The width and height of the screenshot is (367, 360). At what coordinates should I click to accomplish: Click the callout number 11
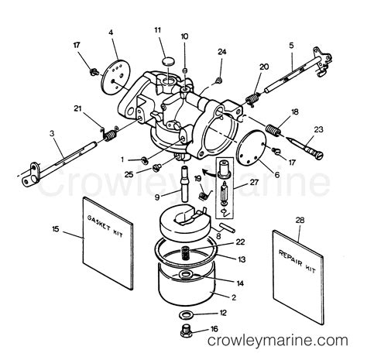[x=157, y=30]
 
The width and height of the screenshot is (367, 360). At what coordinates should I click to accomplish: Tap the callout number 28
[x=300, y=220]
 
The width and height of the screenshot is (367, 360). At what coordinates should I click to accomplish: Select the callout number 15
[x=56, y=229]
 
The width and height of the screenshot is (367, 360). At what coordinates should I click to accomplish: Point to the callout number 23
[x=318, y=129]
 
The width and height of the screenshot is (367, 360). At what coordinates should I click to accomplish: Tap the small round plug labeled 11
[x=168, y=61]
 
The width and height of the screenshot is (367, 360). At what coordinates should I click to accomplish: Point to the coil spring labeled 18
[x=273, y=129]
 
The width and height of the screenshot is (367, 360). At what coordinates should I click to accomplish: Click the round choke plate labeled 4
[x=115, y=77]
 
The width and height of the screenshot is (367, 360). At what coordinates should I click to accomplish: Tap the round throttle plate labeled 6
[x=251, y=148]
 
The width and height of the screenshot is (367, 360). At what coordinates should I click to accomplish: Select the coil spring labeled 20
[x=252, y=99]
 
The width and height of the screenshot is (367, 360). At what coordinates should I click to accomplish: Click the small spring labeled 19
[x=205, y=194]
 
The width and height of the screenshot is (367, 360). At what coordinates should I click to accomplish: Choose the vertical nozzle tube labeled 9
[x=185, y=183]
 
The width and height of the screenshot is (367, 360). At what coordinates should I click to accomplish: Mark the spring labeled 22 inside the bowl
[x=186, y=255]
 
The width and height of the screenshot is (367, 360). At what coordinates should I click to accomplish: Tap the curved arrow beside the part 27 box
[x=208, y=173]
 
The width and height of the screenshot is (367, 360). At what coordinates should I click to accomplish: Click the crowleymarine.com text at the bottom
[x=278, y=341]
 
